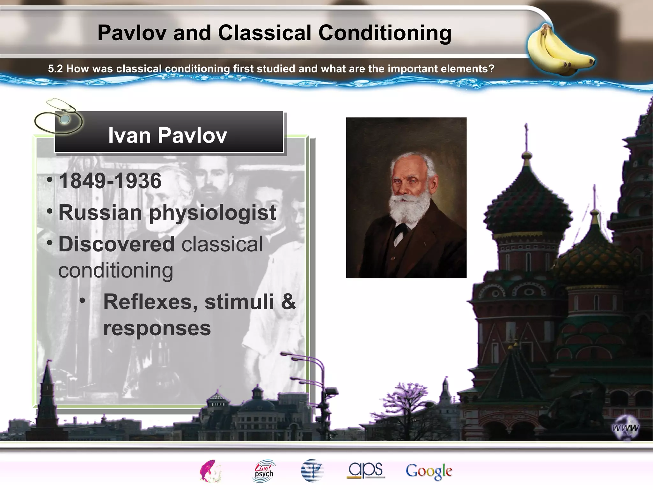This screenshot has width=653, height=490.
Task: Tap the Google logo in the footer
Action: coord(429,471)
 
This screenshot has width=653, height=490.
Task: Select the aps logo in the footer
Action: coord(366,470)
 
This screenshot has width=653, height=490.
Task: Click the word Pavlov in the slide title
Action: coord(132,33)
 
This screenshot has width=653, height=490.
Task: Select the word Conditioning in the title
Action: coord(385,33)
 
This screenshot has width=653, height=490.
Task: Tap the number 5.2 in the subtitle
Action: coord(55,69)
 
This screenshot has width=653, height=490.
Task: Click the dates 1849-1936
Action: coord(110,181)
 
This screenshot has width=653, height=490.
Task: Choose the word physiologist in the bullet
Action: coord(212,213)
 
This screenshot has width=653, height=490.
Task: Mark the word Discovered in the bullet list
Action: coord(116,244)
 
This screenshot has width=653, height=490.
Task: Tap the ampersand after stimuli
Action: coord(288,302)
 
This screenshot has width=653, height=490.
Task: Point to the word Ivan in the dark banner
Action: coord(129,135)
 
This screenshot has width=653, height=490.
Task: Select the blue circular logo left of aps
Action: coord(312,471)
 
